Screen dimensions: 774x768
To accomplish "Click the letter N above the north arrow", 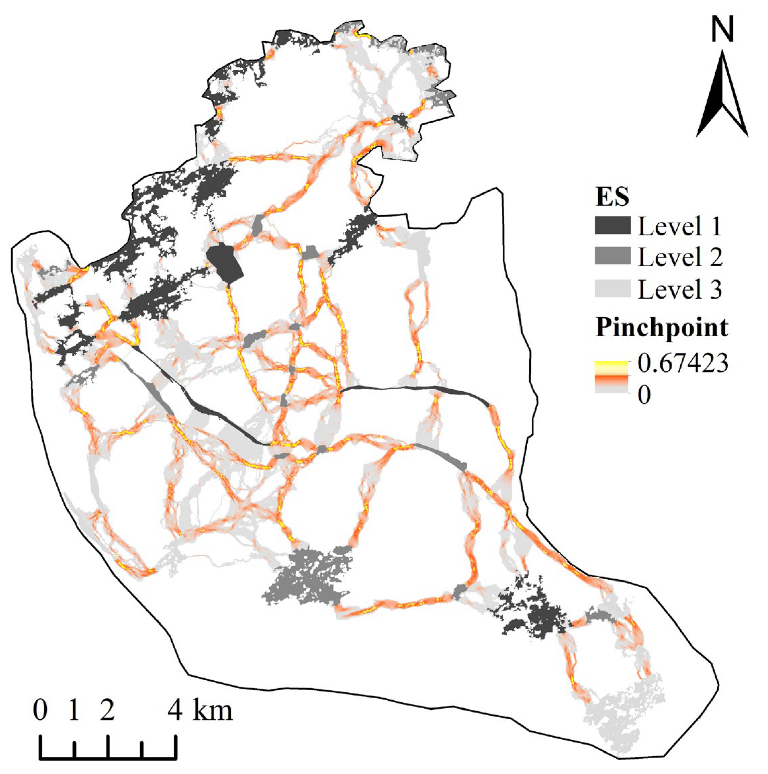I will (723, 30).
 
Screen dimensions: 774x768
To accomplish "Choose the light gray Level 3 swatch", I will (612, 289).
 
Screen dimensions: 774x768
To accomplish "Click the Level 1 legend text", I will (679, 227).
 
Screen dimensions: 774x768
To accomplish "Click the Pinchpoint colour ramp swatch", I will (612, 377).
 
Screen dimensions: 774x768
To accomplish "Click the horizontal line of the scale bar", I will (108, 758).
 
